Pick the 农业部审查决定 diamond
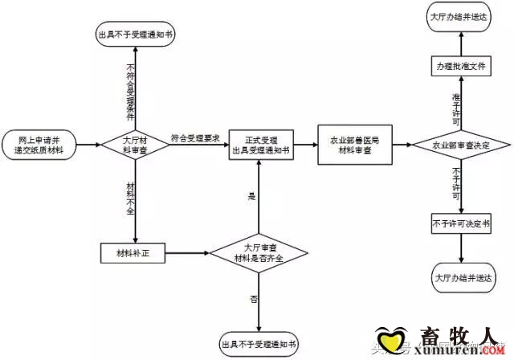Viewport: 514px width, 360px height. tap(460, 145)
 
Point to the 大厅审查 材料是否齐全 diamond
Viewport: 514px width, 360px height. tap(259, 254)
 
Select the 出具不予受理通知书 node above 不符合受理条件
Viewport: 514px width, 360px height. tap(135, 35)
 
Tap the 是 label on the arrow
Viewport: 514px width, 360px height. tap(251, 195)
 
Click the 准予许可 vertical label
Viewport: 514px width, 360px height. tap(456, 106)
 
